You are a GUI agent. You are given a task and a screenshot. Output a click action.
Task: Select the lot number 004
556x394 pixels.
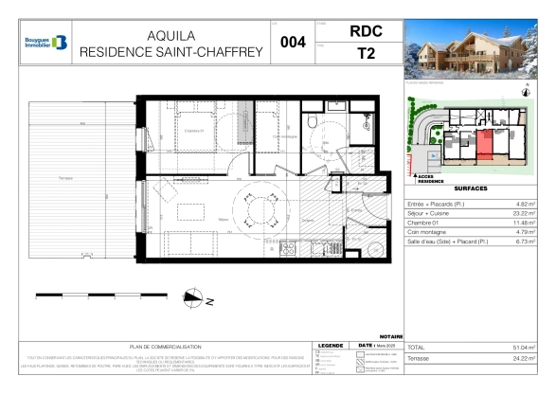pos(291,43)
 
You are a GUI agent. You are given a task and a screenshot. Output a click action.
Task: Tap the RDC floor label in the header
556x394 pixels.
pos(366,31)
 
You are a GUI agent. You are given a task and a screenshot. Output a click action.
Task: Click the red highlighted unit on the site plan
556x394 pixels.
pos(484,147)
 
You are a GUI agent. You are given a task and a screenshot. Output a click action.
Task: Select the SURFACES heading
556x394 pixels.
pos(471,188)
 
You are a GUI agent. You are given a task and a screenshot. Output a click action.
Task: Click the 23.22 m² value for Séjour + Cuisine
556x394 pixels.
pos(522,214)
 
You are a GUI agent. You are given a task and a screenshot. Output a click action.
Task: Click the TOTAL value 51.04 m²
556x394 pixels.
pos(522,349)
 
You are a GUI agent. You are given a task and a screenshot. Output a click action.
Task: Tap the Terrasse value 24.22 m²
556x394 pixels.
pos(522,360)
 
